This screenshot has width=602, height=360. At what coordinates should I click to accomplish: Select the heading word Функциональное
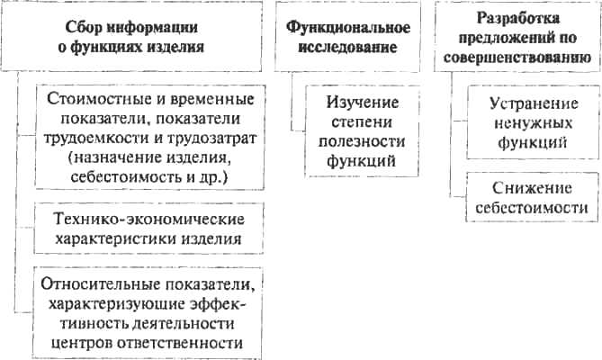tap(348, 28)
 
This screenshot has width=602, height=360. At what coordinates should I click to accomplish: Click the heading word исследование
tap(347, 48)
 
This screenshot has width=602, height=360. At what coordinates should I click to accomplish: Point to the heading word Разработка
tap(518, 18)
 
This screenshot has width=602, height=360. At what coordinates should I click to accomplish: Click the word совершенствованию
tap(517, 58)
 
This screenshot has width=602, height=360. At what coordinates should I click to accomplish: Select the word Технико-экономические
tap(149, 220)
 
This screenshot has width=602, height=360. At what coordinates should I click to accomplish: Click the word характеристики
tap(116, 239)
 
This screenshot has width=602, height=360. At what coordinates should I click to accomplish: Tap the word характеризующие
tap(117, 304)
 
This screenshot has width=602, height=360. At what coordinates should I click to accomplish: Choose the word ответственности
tap(180, 343)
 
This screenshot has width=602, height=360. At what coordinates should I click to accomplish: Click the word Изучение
tap(363, 103)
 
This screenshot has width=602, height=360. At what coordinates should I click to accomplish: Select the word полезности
tap(362, 141)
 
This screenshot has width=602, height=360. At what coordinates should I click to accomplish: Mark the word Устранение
tap(534, 104)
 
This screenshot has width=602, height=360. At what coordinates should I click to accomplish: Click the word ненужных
tap(533, 123)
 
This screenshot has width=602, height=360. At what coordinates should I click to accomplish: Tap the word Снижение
tap(532, 188)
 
